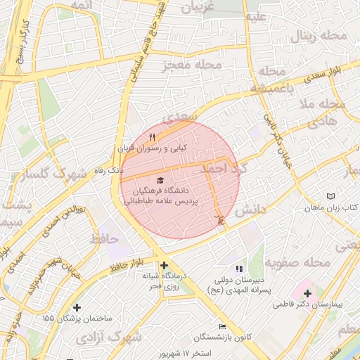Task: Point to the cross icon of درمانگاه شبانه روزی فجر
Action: (x=164, y=266)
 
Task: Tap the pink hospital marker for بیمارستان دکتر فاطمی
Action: (x=307, y=292)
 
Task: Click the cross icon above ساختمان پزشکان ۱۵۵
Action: (x=77, y=307)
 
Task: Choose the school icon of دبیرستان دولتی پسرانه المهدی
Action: (x=239, y=269)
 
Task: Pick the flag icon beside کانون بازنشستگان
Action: (x=223, y=326)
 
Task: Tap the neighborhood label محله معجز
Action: (x=192, y=65)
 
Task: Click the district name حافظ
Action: (x=103, y=240)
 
